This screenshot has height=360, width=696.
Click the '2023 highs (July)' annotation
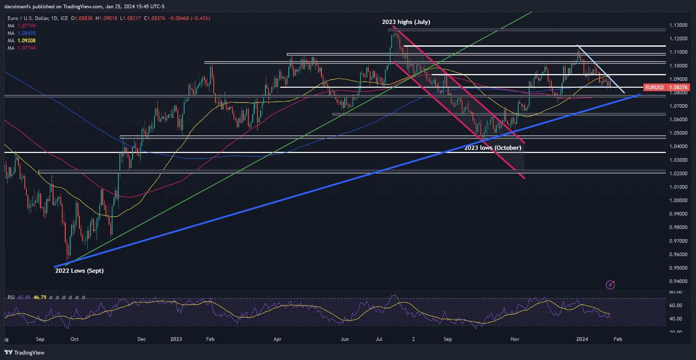[x=406, y=22]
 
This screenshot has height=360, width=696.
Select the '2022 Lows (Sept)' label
[x=79, y=270]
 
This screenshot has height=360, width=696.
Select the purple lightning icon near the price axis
[x=610, y=284]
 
